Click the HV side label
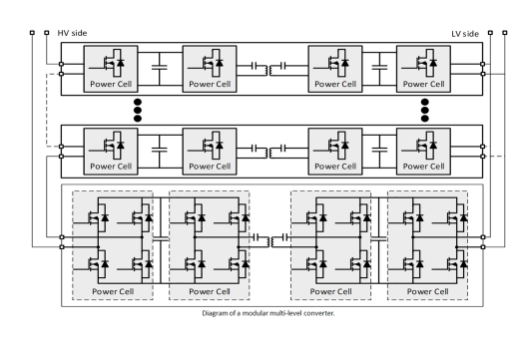tap(72, 33)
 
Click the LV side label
tap(465, 34)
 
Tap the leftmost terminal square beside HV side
tap(32, 33)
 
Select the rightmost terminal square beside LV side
tap(505, 33)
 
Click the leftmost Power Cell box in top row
tap(111, 69)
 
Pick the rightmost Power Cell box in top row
tap(423, 69)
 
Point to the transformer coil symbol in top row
tap(268, 71)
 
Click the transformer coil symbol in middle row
tap(268, 153)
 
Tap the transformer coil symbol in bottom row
tap(270, 242)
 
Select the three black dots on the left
tap(138, 110)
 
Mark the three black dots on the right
tap(424, 110)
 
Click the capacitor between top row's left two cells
tap(160, 67)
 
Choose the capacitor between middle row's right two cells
tap(379, 150)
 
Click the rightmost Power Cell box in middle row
tap(423, 152)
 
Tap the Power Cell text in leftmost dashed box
tap(113, 291)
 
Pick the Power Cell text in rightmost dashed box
tap(427, 291)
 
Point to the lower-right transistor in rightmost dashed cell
tap(457, 264)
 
